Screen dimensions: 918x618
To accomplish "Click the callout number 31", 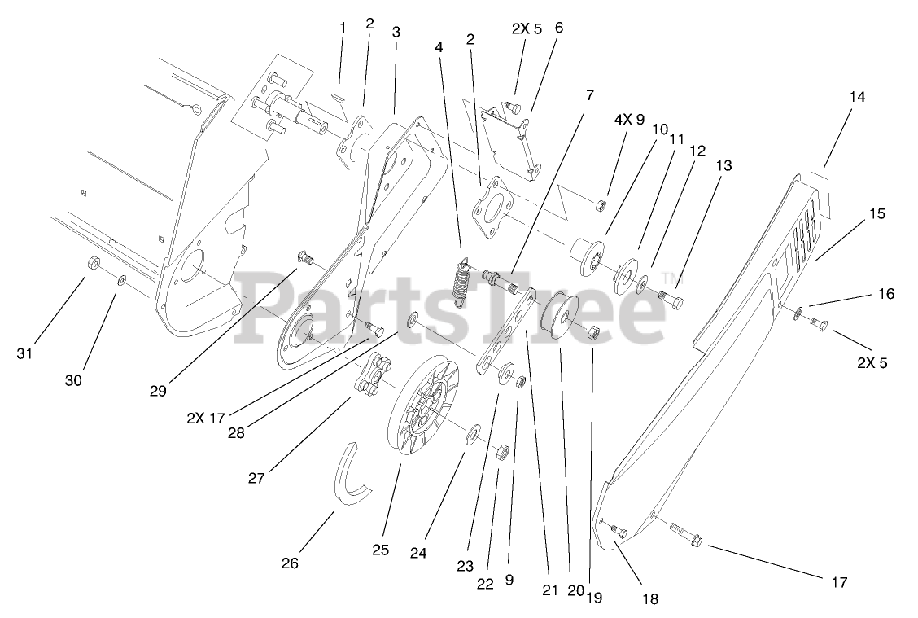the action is [26, 353].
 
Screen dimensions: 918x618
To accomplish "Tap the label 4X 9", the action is [629, 119].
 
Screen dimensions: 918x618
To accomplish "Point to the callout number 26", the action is [290, 563].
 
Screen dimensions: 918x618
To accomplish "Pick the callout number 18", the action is [649, 599].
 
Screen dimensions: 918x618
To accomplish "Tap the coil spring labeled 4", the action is [461, 281].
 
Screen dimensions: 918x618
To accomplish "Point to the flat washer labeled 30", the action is [121, 280].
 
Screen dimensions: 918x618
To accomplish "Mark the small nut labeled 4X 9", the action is [601, 203].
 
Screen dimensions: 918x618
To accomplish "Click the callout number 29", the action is [158, 391].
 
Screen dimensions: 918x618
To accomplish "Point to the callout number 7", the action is [590, 95].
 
